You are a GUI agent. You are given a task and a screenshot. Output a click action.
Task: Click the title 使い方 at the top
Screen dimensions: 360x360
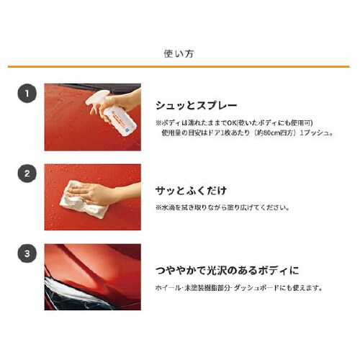[180, 53]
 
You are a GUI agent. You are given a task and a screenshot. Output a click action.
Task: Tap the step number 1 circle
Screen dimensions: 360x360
[27, 93]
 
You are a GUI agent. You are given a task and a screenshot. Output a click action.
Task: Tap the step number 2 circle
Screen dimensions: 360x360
[27, 174]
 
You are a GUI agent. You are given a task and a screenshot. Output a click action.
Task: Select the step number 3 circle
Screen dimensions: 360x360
[27, 253]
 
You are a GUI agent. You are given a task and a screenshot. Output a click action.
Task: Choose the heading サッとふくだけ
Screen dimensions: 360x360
[191, 191]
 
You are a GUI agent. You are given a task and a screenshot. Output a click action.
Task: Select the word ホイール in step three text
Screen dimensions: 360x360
[167, 287]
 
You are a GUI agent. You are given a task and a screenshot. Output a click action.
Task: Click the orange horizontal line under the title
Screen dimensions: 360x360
[180, 67]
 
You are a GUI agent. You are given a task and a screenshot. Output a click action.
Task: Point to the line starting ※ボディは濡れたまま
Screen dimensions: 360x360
[231, 122]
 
